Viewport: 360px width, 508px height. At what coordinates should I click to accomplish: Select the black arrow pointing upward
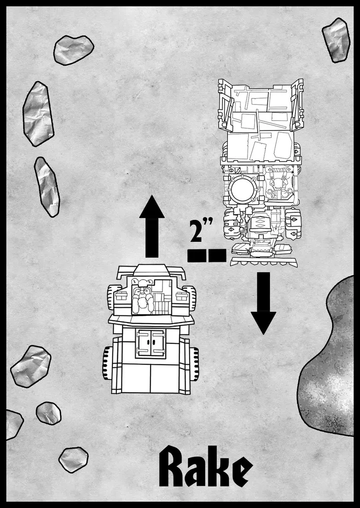coord(152,228)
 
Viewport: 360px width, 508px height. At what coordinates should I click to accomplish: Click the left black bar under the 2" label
coord(196,256)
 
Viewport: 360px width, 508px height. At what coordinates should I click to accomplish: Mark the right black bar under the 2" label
coord(217,256)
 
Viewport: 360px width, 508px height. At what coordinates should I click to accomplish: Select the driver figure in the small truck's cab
coord(142,300)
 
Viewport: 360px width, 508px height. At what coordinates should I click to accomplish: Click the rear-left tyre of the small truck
coord(107,363)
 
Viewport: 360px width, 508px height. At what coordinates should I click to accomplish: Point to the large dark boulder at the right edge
coord(331,366)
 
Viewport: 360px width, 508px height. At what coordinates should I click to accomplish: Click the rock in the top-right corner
coord(336,40)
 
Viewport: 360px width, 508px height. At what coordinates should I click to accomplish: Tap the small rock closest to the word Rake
coord(74,459)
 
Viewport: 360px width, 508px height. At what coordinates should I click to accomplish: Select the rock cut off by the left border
coord(13,424)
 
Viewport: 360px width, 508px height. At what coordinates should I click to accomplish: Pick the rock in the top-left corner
coord(74,50)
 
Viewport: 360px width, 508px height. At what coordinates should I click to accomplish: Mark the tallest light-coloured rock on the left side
coord(38,113)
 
